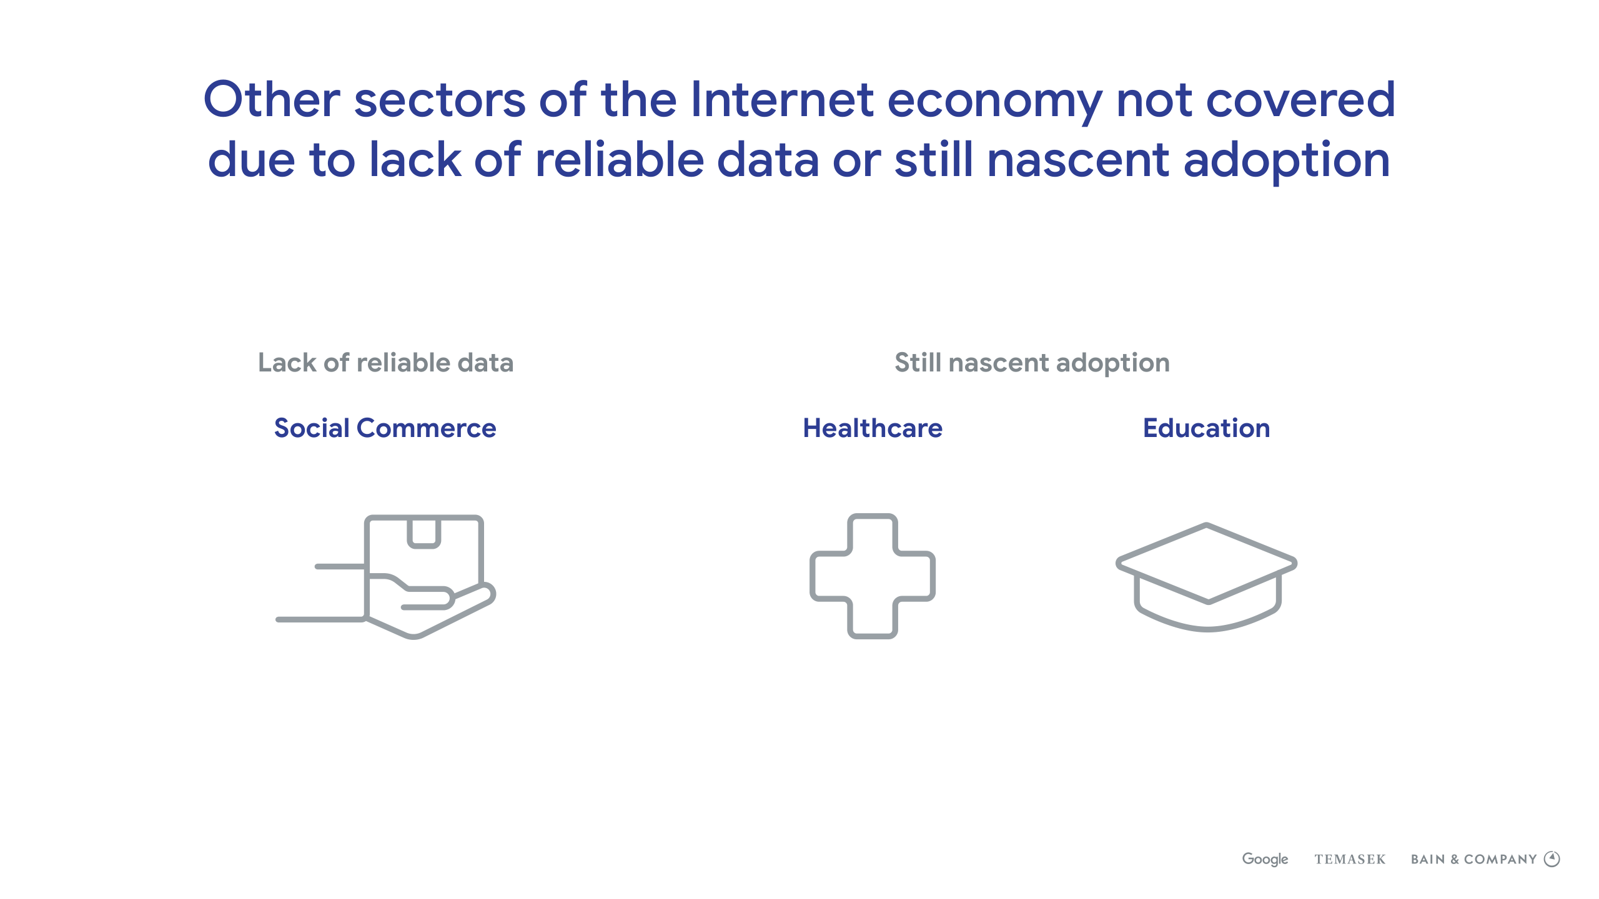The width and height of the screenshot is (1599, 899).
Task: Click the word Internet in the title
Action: pos(783,99)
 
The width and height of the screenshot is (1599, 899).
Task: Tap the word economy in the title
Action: pos(995,103)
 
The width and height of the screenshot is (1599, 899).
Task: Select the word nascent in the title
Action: pos(1078,160)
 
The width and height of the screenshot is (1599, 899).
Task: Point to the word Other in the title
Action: pos(272,99)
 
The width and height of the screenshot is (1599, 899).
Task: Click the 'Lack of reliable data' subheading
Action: pos(386,363)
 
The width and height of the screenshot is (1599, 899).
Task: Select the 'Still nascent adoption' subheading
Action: pos(1032,363)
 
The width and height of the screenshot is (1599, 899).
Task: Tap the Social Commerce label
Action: pos(385,428)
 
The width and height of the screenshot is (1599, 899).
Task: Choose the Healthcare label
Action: pos(873,428)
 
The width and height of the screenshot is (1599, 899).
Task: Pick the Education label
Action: pos(1206,428)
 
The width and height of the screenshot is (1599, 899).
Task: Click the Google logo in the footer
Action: pos(1265,859)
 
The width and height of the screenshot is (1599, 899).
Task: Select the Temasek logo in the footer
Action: pos(1350,860)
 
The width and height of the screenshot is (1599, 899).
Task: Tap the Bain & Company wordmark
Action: pos(1473,860)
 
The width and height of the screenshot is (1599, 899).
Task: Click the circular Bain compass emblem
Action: pos(1552,860)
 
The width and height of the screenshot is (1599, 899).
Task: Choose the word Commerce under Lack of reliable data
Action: pos(427,428)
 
